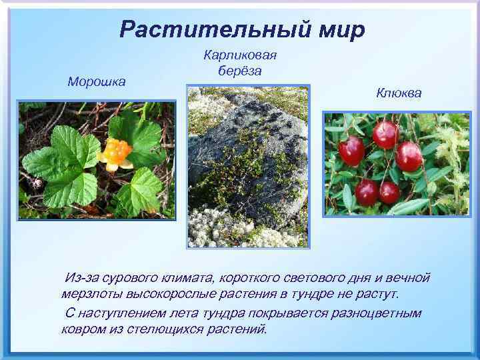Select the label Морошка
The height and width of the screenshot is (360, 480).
(x=97, y=81)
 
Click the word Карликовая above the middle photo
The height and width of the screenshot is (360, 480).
(x=239, y=56)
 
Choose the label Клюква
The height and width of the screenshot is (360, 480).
(x=399, y=93)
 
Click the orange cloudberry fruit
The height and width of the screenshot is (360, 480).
(x=115, y=152)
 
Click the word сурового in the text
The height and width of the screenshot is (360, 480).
(x=124, y=277)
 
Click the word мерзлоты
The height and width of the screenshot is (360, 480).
(x=89, y=294)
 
